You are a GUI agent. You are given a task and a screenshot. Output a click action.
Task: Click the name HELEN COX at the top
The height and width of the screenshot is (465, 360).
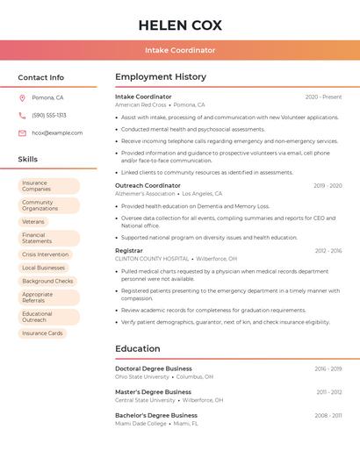[180, 25]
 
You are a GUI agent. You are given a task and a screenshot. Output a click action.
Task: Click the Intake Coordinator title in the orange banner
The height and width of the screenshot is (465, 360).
[180, 50]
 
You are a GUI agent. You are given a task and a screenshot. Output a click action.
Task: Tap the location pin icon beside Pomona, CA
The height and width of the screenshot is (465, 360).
[22, 97]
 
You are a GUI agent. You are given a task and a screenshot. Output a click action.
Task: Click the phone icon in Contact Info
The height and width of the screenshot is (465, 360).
[22, 115]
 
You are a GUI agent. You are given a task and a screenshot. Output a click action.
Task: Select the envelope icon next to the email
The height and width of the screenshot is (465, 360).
[22, 133]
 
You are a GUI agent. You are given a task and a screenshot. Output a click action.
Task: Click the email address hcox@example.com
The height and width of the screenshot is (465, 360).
[57, 133]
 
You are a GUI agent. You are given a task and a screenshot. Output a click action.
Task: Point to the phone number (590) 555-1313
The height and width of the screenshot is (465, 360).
[49, 115]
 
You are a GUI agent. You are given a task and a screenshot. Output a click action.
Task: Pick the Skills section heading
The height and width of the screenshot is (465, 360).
[28, 160]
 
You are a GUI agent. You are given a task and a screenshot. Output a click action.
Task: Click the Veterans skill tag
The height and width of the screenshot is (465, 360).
[33, 222]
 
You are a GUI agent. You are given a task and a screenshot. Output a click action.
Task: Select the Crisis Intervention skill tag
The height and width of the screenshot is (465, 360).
[46, 254]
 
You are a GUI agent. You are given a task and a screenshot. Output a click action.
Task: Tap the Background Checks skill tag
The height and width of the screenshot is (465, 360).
[47, 281]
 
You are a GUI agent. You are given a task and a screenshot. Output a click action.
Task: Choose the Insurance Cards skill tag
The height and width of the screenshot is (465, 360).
[42, 333]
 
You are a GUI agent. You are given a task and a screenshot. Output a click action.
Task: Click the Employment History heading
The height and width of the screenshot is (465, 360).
[161, 77]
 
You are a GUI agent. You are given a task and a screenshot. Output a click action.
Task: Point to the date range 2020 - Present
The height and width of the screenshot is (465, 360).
[323, 97]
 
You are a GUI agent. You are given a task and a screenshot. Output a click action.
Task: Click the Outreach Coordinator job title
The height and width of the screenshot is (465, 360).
[148, 186]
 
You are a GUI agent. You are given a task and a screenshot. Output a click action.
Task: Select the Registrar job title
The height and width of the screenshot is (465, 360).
[128, 251]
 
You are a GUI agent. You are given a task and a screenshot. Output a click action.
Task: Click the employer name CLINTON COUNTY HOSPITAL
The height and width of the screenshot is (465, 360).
[152, 259]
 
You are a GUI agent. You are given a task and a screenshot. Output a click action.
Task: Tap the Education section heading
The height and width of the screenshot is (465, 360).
[137, 348]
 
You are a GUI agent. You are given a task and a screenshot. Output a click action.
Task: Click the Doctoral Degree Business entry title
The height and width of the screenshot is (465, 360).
[153, 368]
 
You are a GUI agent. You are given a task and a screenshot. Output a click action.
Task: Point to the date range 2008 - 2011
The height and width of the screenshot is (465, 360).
[328, 415]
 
